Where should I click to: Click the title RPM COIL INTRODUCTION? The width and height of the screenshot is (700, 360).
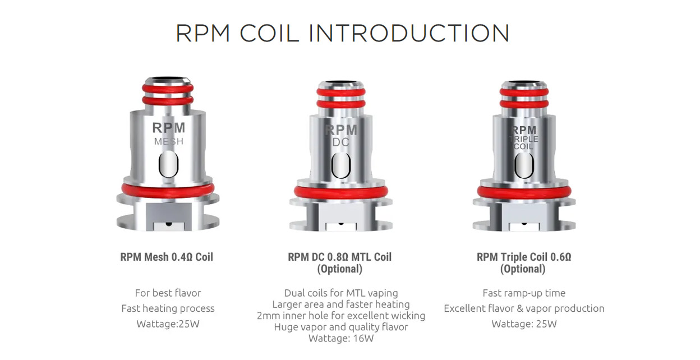pos(343,34)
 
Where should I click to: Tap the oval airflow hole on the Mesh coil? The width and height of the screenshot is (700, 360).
pos(168,165)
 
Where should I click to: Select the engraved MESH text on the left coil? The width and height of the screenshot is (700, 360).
pos(168,142)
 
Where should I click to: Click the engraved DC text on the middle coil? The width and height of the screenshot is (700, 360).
pos(340,142)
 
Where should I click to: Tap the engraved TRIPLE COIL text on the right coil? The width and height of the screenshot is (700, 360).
pos(523,142)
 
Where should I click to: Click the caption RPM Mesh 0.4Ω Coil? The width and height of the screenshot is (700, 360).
pos(167,257)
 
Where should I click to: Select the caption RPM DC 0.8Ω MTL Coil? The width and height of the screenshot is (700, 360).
pos(340,257)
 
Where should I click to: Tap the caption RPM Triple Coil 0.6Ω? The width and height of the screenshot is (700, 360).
pos(524,257)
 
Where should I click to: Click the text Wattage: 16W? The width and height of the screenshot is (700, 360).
pos(340,338)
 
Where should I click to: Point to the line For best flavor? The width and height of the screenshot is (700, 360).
pos(168,293)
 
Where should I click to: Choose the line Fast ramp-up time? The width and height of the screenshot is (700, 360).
pos(524,293)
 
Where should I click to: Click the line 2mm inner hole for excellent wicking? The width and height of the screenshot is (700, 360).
pos(340,316)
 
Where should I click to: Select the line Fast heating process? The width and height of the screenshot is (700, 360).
pos(168,308)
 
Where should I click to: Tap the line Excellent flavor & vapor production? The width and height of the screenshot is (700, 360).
pos(524,308)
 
